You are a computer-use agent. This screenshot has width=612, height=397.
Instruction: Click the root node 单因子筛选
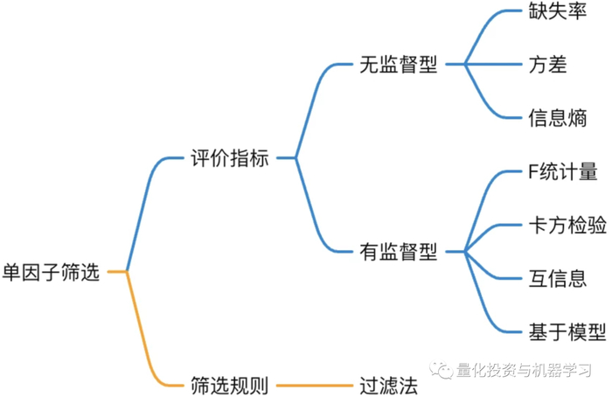(x=52, y=272)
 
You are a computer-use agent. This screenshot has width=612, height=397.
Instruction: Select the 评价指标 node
(x=229, y=159)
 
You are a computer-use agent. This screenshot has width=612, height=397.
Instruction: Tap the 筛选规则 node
(x=229, y=384)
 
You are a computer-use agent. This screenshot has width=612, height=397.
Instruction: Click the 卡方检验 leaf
(x=567, y=225)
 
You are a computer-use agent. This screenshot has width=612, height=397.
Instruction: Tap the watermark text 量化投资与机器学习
(x=524, y=371)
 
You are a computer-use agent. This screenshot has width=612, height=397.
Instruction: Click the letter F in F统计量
(x=534, y=172)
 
